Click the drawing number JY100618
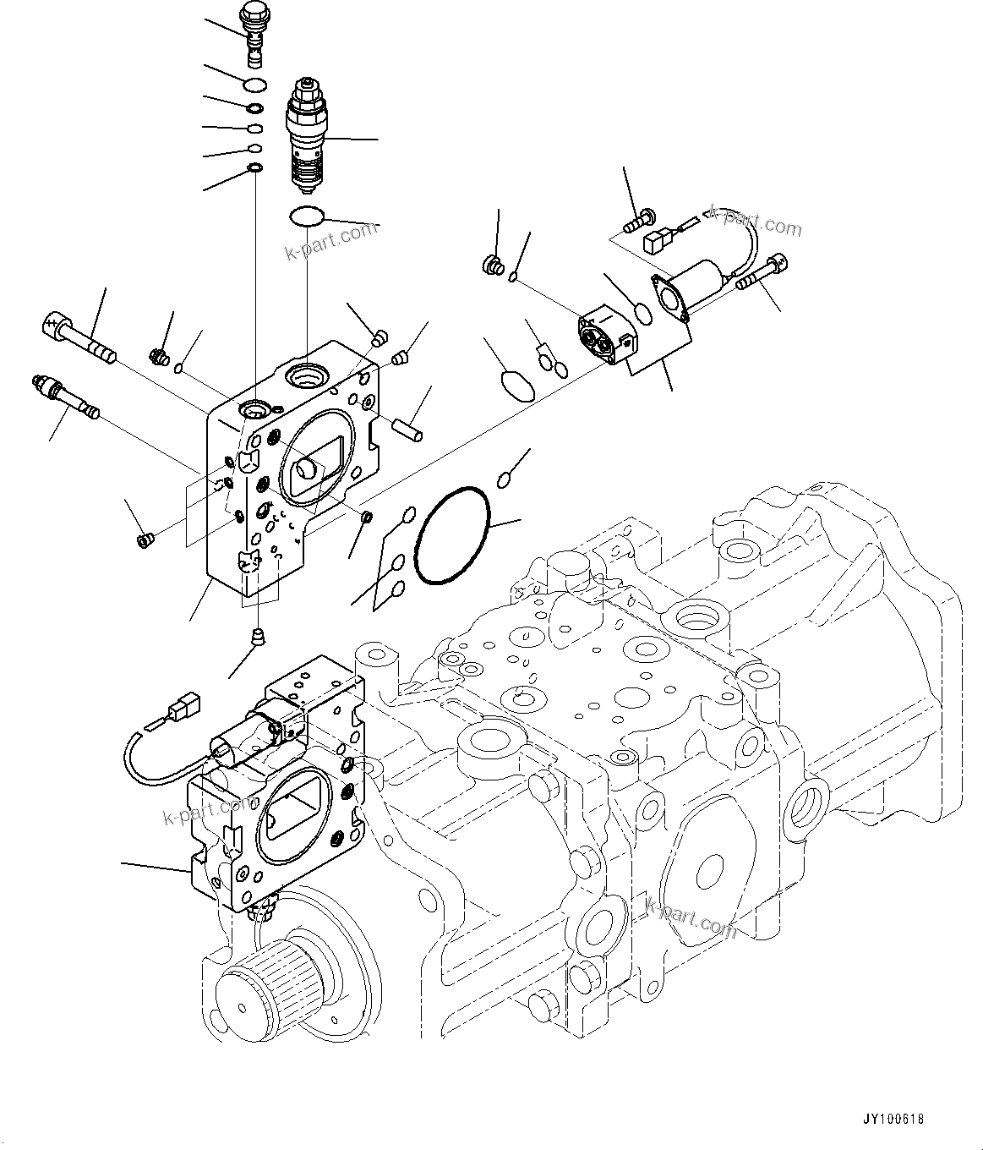pyautogui.click(x=894, y=1119)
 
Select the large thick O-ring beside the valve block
pyautogui.click(x=455, y=535)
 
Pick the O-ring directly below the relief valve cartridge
pyautogui.click(x=306, y=216)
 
